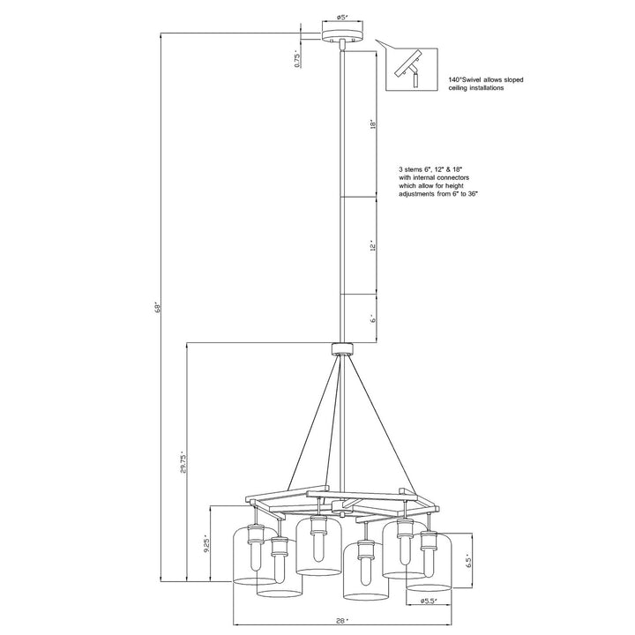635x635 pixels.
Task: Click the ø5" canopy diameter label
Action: point(342,17)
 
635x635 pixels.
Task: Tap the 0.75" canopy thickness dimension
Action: point(297,60)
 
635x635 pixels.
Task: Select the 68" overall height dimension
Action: point(159,308)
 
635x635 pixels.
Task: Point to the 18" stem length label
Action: point(373,124)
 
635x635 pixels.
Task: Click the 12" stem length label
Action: point(373,247)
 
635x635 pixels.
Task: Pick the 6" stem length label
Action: point(373,318)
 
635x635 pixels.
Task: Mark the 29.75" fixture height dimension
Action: point(183,462)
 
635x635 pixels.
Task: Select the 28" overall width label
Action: point(342,620)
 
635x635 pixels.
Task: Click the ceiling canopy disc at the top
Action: point(342,35)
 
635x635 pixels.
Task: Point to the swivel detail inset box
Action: point(412,69)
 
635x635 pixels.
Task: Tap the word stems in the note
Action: point(413,168)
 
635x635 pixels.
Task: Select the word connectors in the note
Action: point(452,177)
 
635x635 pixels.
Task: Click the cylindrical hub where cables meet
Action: point(342,348)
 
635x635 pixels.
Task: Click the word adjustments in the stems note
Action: point(416,194)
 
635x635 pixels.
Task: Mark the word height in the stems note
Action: point(455,186)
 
